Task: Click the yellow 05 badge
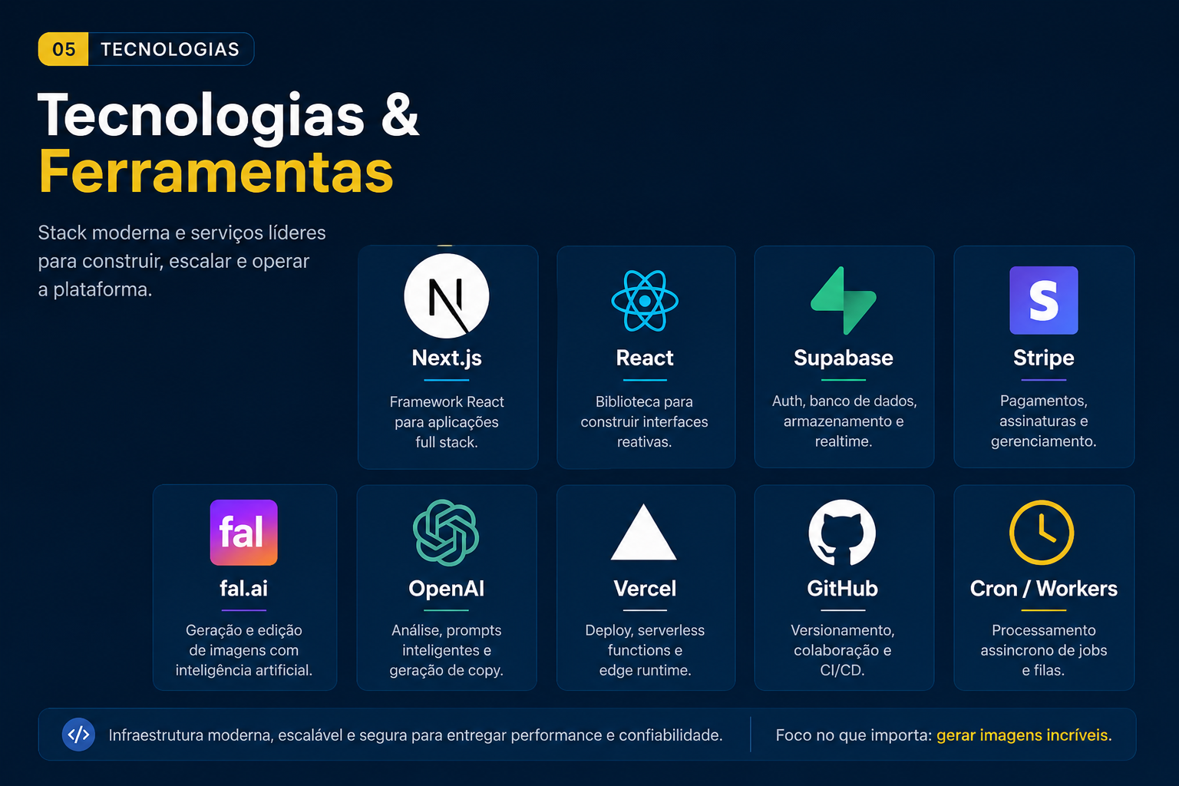point(63,49)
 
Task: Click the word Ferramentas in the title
point(216,172)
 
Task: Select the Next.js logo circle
point(446,296)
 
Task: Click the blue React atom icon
point(645,301)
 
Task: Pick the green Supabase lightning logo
point(844,301)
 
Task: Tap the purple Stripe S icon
point(1044,300)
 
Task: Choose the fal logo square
point(243,532)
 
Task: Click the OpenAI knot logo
point(446,533)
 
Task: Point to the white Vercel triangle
point(644,533)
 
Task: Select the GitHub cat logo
point(842,532)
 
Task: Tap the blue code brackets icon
point(78,735)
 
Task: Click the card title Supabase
point(844,358)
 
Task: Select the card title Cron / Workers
point(1044,589)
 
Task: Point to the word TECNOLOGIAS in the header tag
point(170,49)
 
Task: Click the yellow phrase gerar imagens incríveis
point(1022,735)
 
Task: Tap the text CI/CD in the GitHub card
point(842,670)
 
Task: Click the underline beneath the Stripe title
point(1044,380)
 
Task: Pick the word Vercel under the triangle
point(645,589)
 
